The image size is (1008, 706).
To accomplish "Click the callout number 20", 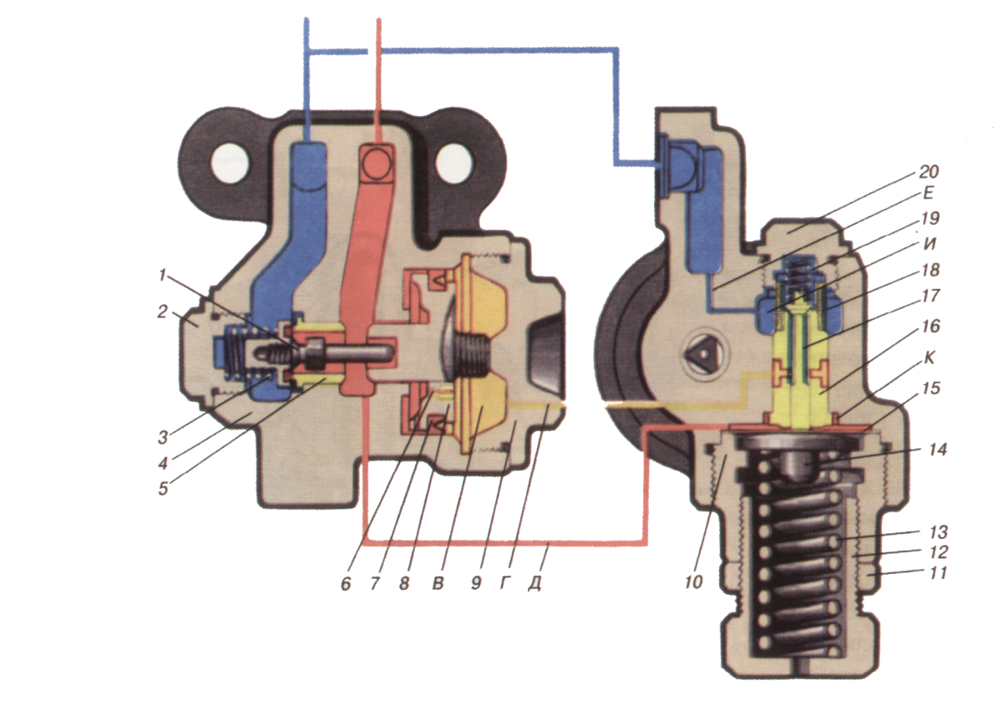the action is coord(929,171).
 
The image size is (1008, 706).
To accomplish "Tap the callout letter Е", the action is coord(928,194).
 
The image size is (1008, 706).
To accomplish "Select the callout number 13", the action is coord(938,532).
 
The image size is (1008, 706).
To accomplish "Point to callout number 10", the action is coord(693,582).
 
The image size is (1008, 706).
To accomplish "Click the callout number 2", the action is coord(163,312).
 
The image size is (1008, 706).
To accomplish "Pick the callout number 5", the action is coord(163,489).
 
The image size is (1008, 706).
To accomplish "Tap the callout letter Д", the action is coord(534,583).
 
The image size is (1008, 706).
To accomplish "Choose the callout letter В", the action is coord(438,583).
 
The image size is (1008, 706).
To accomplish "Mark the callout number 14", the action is coord(938,450).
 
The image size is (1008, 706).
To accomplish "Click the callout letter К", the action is coord(929,358).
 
